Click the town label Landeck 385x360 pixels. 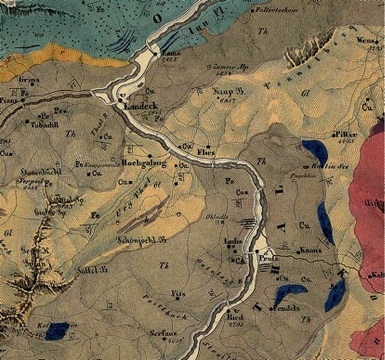tap(139, 106)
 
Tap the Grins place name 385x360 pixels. tap(29, 79)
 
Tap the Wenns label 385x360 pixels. tap(366, 40)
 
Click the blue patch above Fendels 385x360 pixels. tap(289, 293)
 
